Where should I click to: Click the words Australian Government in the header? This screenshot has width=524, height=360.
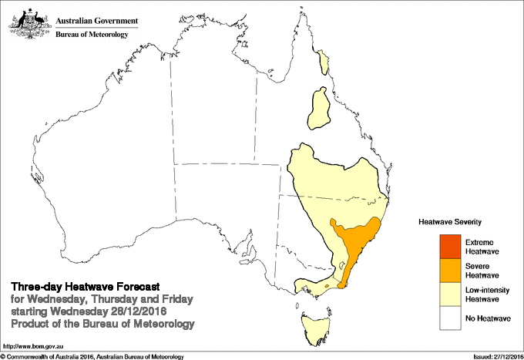97,20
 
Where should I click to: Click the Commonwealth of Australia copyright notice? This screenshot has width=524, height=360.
92,356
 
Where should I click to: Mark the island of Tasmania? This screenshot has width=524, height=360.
316,324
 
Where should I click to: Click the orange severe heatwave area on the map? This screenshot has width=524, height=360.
356,240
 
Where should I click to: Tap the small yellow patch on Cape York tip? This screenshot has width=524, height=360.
324,56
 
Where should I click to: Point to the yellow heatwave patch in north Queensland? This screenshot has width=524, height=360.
320,110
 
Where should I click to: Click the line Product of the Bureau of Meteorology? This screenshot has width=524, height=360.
102,323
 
